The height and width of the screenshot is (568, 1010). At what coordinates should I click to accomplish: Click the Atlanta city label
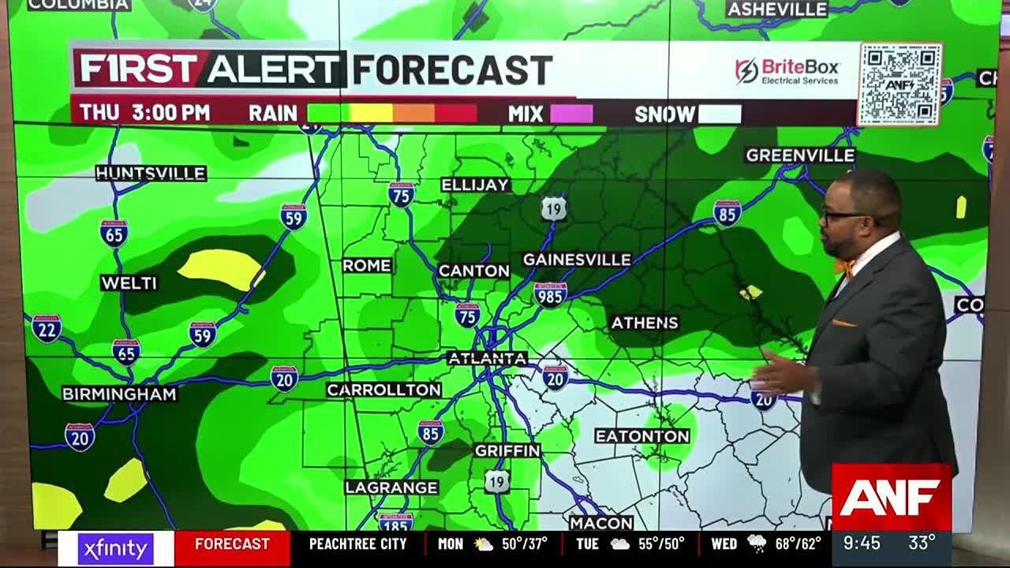(x=487, y=358)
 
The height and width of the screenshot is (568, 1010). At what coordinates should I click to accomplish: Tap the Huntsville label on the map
(x=151, y=174)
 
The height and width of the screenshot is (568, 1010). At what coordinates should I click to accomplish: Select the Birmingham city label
(x=119, y=394)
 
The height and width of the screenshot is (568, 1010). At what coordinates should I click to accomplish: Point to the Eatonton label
(x=642, y=436)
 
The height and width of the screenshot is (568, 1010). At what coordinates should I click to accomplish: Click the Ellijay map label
(x=475, y=185)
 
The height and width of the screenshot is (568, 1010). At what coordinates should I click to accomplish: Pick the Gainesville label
(x=577, y=260)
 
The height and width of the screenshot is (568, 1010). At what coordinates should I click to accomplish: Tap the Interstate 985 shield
(x=550, y=294)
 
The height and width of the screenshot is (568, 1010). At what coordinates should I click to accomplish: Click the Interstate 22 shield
(x=47, y=328)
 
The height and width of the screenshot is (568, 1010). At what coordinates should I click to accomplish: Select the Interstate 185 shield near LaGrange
(x=395, y=522)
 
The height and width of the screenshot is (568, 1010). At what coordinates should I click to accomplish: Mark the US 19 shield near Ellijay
(x=553, y=208)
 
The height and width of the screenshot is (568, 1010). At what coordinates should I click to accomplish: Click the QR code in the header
(x=900, y=84)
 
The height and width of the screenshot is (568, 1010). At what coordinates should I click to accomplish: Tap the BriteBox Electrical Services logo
(x=787, y=72)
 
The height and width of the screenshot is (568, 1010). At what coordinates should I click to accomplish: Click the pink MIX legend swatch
(x=571, y=114)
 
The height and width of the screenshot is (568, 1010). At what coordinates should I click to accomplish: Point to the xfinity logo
(x=116, y=548)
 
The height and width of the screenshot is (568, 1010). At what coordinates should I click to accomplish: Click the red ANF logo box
(x=892, y=497)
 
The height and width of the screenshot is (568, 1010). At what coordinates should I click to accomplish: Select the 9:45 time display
(x=862, y=544)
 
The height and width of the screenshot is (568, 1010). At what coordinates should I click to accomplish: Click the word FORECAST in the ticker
(x=232, y=544)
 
